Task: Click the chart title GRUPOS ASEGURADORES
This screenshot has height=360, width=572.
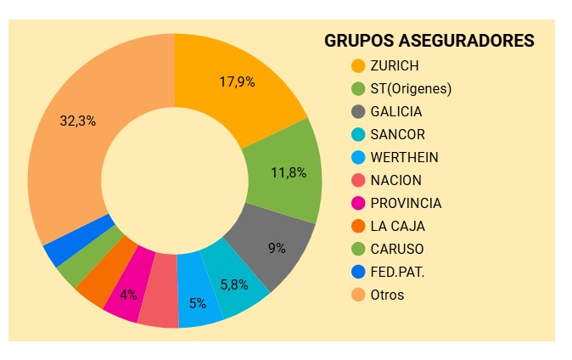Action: click(x=429, y=41)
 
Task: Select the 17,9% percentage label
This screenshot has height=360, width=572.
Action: click(x=238, y=82)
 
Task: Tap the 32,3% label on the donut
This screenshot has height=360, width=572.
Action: click(x=77, y=121)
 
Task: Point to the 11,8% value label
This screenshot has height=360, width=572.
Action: click(x=288, y=172)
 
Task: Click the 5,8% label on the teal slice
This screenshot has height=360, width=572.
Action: click(x=234, y=284)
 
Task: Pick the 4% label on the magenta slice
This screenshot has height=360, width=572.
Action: click(x=128, y=295)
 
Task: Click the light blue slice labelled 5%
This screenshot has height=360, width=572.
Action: click(x=199, y=304)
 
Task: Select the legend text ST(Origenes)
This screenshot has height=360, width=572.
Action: click(x=411, y=88)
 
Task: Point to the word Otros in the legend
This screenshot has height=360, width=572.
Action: click(x=387, y=295)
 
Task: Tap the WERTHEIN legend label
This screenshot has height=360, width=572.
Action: click(x=406, y=157)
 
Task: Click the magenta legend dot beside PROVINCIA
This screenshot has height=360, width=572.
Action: click(x=357, y=203)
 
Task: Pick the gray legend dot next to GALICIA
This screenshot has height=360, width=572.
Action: click(x=357, y=111)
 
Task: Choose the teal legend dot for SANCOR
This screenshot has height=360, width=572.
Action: click(x=357, y=134)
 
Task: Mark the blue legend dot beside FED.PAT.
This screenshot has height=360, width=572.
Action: click(x=357, y=272)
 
